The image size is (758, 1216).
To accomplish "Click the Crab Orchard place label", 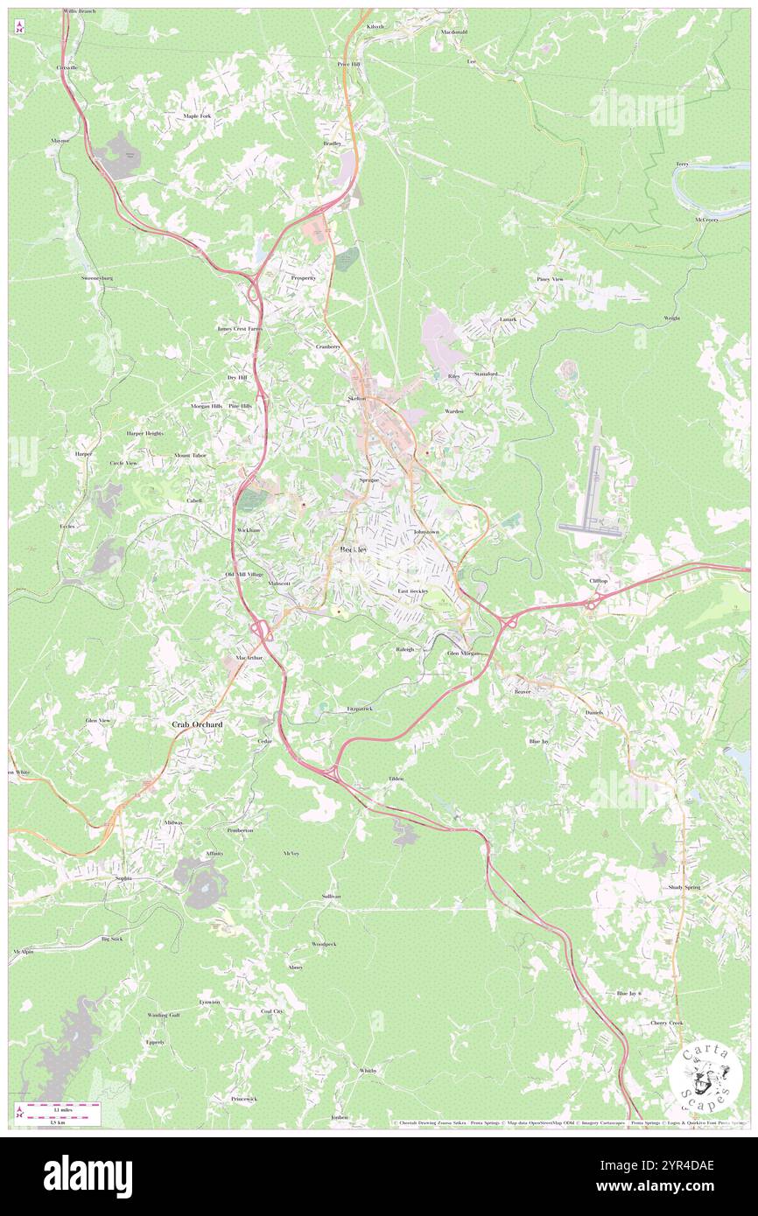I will pos(196,724).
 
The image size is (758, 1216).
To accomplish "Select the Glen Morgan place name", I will pos(465,653).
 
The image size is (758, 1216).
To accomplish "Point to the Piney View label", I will pos(550,279).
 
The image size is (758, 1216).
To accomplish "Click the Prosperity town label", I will pos(303,277).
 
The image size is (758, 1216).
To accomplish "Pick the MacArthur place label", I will pos(249,657).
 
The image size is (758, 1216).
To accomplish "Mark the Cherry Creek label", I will pos(666,1023).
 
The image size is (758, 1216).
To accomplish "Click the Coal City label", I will pos(271,1010).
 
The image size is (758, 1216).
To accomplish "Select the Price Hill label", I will pos(348,64).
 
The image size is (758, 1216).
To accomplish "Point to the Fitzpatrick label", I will pos(360,708).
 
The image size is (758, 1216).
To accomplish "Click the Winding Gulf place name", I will pos(163,1015).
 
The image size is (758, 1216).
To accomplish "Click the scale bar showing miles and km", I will pos(60,1114).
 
